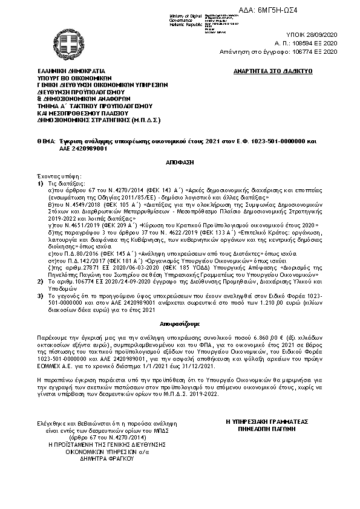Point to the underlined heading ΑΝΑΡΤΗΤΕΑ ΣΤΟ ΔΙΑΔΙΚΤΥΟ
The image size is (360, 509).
(272, 71)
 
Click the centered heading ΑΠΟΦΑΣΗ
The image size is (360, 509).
(180, 163)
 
